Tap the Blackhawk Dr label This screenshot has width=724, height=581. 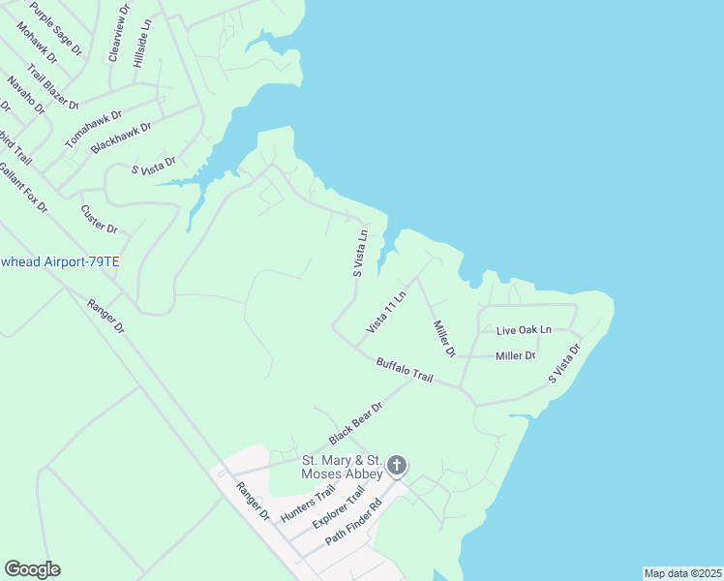[x=121, y=138]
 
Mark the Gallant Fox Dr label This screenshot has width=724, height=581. [x=23, y=186]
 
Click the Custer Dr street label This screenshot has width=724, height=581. [x=99, y=219]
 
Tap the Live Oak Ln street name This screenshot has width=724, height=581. [x=523, y=330]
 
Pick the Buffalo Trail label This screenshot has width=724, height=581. [x=404, y=369]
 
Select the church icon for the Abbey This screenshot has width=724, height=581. [x=397, y=467]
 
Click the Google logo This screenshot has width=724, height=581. [x=32, y=569]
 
